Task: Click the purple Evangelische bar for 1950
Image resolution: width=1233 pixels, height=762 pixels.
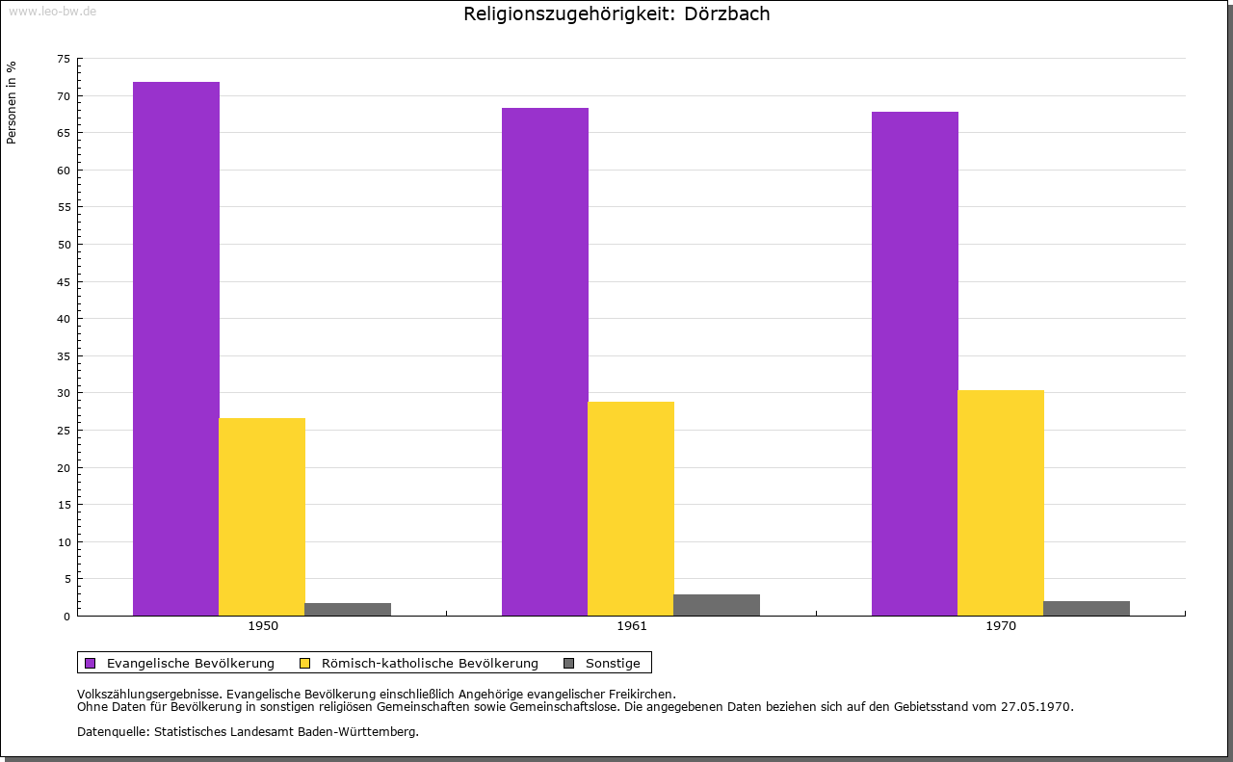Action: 175,349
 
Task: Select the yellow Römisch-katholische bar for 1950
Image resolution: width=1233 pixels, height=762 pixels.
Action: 262,516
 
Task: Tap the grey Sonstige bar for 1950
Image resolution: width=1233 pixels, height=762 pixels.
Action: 348,609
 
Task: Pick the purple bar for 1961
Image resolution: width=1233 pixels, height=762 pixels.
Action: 544,361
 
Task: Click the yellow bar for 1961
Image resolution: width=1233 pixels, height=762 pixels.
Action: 631,509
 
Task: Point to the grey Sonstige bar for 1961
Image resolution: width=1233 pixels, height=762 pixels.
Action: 717,605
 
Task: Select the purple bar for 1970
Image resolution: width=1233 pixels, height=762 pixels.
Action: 914,363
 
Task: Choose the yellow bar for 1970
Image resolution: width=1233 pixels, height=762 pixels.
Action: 1001,503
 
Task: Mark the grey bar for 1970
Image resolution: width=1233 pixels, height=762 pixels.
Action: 1087,608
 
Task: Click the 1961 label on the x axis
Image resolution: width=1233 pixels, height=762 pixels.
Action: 632,626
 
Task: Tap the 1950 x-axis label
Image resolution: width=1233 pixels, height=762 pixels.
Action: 263,626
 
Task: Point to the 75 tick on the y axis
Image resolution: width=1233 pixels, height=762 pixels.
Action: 64,59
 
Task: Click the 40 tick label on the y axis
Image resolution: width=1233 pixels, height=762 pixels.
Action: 64,319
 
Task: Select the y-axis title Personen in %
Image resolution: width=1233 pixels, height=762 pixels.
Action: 12,102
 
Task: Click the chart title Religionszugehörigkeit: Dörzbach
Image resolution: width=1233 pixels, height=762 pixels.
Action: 616,14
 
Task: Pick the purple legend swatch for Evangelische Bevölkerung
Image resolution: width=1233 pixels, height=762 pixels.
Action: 91,663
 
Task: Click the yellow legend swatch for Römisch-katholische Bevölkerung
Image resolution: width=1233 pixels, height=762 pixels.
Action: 304,663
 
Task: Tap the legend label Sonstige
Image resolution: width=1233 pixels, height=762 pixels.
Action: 613,663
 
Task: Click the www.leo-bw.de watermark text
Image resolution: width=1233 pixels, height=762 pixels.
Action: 52,11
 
